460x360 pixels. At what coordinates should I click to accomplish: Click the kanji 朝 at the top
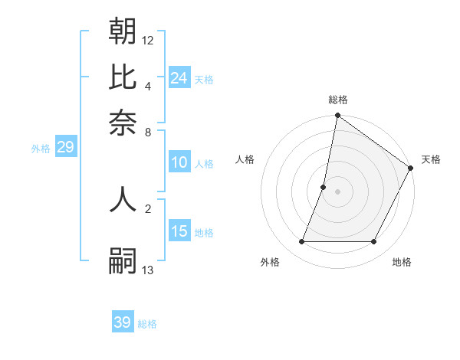123,31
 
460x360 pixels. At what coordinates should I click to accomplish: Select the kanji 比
123,77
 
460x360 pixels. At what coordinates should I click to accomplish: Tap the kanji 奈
123,121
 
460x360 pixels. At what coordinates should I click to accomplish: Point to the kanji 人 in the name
123,198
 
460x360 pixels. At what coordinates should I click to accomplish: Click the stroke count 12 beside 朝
148,40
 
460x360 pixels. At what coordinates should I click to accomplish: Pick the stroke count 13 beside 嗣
148,270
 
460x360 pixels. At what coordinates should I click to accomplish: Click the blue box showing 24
179,77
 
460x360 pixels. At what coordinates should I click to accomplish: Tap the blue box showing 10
179,162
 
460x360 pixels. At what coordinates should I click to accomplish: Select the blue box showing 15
179,231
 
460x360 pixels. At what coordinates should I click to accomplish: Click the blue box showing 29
65,148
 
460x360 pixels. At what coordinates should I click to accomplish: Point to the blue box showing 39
122,322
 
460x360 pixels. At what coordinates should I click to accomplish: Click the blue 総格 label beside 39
147,324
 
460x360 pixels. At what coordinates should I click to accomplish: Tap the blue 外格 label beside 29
41,149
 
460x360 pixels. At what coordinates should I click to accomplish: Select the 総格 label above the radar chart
338,100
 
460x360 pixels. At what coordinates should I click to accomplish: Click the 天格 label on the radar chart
431,159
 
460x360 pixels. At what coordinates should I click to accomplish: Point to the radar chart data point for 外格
301,242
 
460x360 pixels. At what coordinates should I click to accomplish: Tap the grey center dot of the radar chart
338,191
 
